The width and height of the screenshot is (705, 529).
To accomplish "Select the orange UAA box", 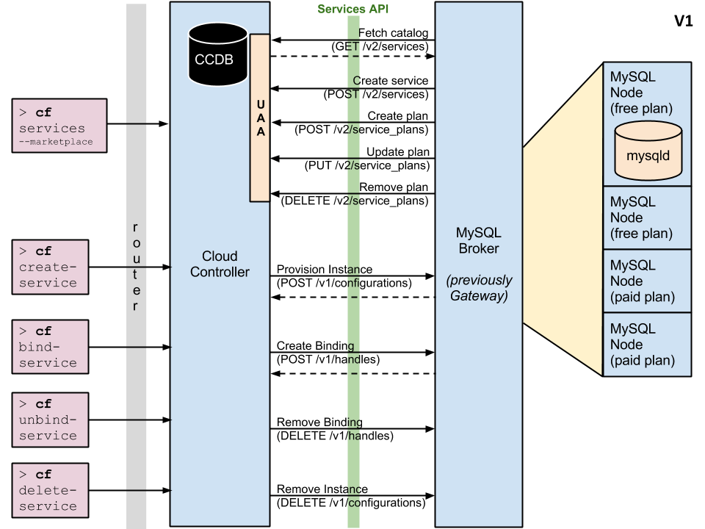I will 260,118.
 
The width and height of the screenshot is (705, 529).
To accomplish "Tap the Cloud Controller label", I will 220,264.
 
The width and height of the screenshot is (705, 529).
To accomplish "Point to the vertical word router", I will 136,265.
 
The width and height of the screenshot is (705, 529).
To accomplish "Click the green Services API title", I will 352,9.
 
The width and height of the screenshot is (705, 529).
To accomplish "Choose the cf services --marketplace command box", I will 59,126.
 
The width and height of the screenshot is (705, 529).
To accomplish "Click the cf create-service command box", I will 50,267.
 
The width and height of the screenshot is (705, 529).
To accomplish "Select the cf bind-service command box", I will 50,347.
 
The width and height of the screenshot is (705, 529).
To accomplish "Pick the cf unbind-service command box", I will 50,420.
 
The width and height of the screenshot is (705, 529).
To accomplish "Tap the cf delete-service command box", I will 50,490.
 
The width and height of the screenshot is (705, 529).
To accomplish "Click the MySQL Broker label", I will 479,240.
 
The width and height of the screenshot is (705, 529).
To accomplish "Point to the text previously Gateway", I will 479,288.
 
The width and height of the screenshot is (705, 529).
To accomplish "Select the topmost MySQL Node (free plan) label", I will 641,93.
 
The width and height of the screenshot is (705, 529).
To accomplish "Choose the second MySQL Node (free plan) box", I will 647,217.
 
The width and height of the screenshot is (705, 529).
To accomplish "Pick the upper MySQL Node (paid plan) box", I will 647,281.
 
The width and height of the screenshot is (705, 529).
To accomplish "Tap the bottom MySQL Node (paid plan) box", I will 647,345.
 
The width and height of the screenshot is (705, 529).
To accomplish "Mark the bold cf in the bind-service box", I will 44,331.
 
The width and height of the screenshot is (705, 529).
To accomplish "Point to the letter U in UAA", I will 260,105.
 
